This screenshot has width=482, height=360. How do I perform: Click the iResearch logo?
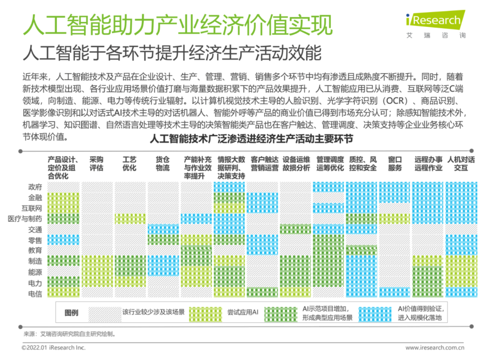436,21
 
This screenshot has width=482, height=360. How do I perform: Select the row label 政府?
35,187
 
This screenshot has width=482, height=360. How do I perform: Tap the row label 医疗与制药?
25,219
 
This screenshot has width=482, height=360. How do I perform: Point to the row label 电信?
35,294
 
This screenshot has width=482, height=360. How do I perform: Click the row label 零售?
35,240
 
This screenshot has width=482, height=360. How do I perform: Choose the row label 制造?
35,261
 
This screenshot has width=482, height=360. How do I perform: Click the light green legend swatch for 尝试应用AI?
205,314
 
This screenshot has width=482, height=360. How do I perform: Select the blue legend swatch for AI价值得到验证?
375,314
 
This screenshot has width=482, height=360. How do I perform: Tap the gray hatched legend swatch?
105,314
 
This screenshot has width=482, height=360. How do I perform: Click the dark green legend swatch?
281,314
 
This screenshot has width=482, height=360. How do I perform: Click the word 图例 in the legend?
72,313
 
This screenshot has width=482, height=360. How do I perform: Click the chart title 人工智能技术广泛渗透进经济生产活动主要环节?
251,139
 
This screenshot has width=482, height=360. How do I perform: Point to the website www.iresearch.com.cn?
435,348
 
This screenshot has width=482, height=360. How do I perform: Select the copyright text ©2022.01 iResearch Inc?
53,348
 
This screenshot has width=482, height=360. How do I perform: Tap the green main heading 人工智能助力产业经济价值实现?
178,25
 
